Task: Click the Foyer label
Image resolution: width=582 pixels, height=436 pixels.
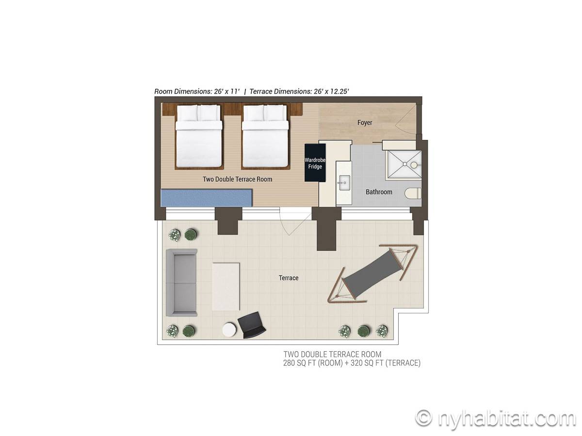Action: tap(365, 123)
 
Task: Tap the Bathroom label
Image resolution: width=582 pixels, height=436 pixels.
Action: tap(379, 192)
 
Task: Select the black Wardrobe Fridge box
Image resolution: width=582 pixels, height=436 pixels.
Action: tap(315, 163)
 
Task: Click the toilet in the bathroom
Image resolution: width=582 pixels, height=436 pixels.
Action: tap(413, 193)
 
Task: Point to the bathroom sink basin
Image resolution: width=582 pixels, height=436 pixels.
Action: tap(344, 183)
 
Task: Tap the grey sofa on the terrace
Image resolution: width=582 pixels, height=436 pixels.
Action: tap(181, 282)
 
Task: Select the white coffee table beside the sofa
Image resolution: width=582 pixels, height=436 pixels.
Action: tap(226, 286)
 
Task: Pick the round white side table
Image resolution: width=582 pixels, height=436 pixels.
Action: tap(229, 329)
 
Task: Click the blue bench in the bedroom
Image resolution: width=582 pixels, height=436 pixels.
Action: tap(206, 198)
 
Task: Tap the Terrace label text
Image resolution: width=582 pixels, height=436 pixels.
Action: tap(289, 278)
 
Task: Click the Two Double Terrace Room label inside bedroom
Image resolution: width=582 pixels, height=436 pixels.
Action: tap(237, 179)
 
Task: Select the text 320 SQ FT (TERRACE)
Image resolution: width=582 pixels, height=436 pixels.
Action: tap(386, 363)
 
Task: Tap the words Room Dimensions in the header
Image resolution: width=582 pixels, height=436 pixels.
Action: tap(183, 92)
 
